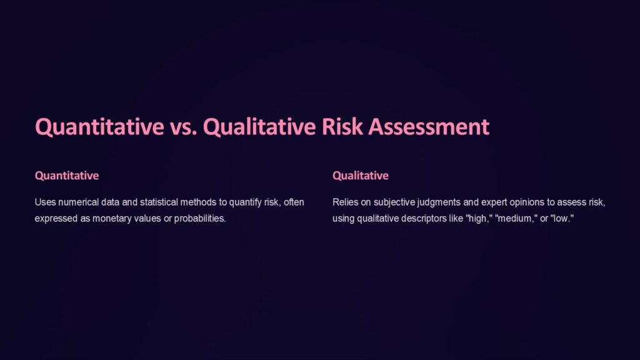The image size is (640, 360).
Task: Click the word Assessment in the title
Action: tap(429, 127)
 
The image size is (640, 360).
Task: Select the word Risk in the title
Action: tap(343, 127)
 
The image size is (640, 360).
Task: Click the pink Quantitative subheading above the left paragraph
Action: tap(67, 176)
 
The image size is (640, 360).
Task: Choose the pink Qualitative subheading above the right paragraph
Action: tap(361, 176)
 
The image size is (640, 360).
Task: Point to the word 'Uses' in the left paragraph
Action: tap(46, 202)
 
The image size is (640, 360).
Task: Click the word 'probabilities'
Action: tap(197, 219)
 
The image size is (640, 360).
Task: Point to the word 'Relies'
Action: tap(346, 202)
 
